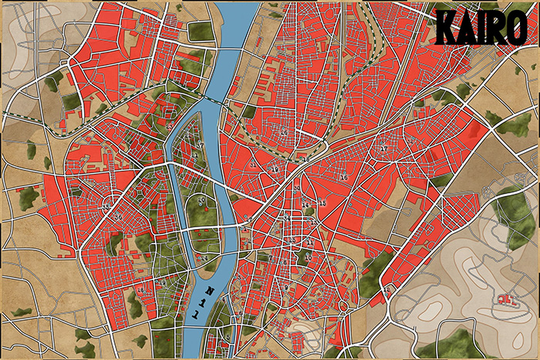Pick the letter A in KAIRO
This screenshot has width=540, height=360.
point(467,29)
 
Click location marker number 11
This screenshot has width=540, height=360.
point(309,242)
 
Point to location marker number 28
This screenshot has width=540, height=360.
point(383,148)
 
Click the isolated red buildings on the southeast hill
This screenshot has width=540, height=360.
point(505,298)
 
